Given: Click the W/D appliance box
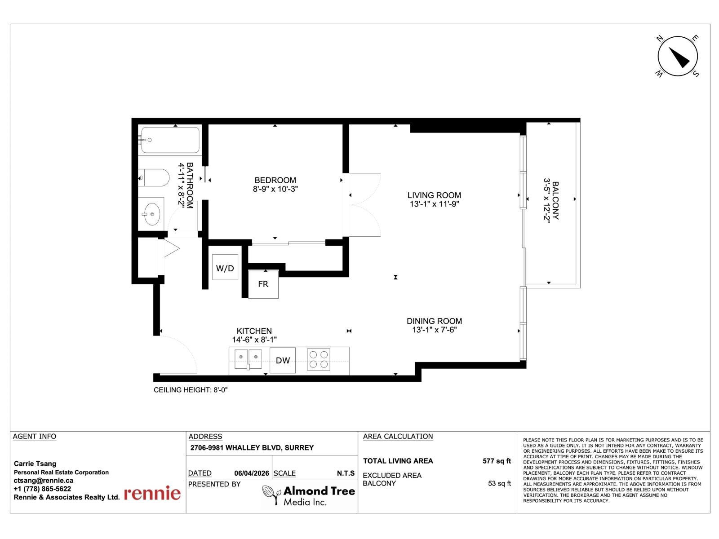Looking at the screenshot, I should coord(225,268).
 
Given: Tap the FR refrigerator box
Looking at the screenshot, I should coord(263,284).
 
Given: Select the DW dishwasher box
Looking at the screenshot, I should coord(283,360).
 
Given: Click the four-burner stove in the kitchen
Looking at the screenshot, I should coord(319,359).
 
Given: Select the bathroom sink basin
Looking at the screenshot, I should coord(152,213).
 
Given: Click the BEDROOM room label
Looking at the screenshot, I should coord(275,180).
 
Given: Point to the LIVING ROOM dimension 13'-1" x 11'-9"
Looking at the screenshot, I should coord(434,204).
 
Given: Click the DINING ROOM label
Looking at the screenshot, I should coord(434,321).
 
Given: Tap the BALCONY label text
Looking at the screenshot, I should coord(555,200).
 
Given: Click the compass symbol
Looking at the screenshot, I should coord(678,57).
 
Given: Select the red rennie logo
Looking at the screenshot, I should coord(152,493).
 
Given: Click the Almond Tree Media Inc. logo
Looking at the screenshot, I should coord(309,496).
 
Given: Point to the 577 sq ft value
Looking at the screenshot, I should coord(497,461).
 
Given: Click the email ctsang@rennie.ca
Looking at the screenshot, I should coord(44,480).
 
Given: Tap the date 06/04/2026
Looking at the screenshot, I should coord(251,473).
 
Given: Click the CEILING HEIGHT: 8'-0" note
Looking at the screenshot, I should coord(191,390).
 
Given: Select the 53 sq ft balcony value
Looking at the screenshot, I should coord(499,483).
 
